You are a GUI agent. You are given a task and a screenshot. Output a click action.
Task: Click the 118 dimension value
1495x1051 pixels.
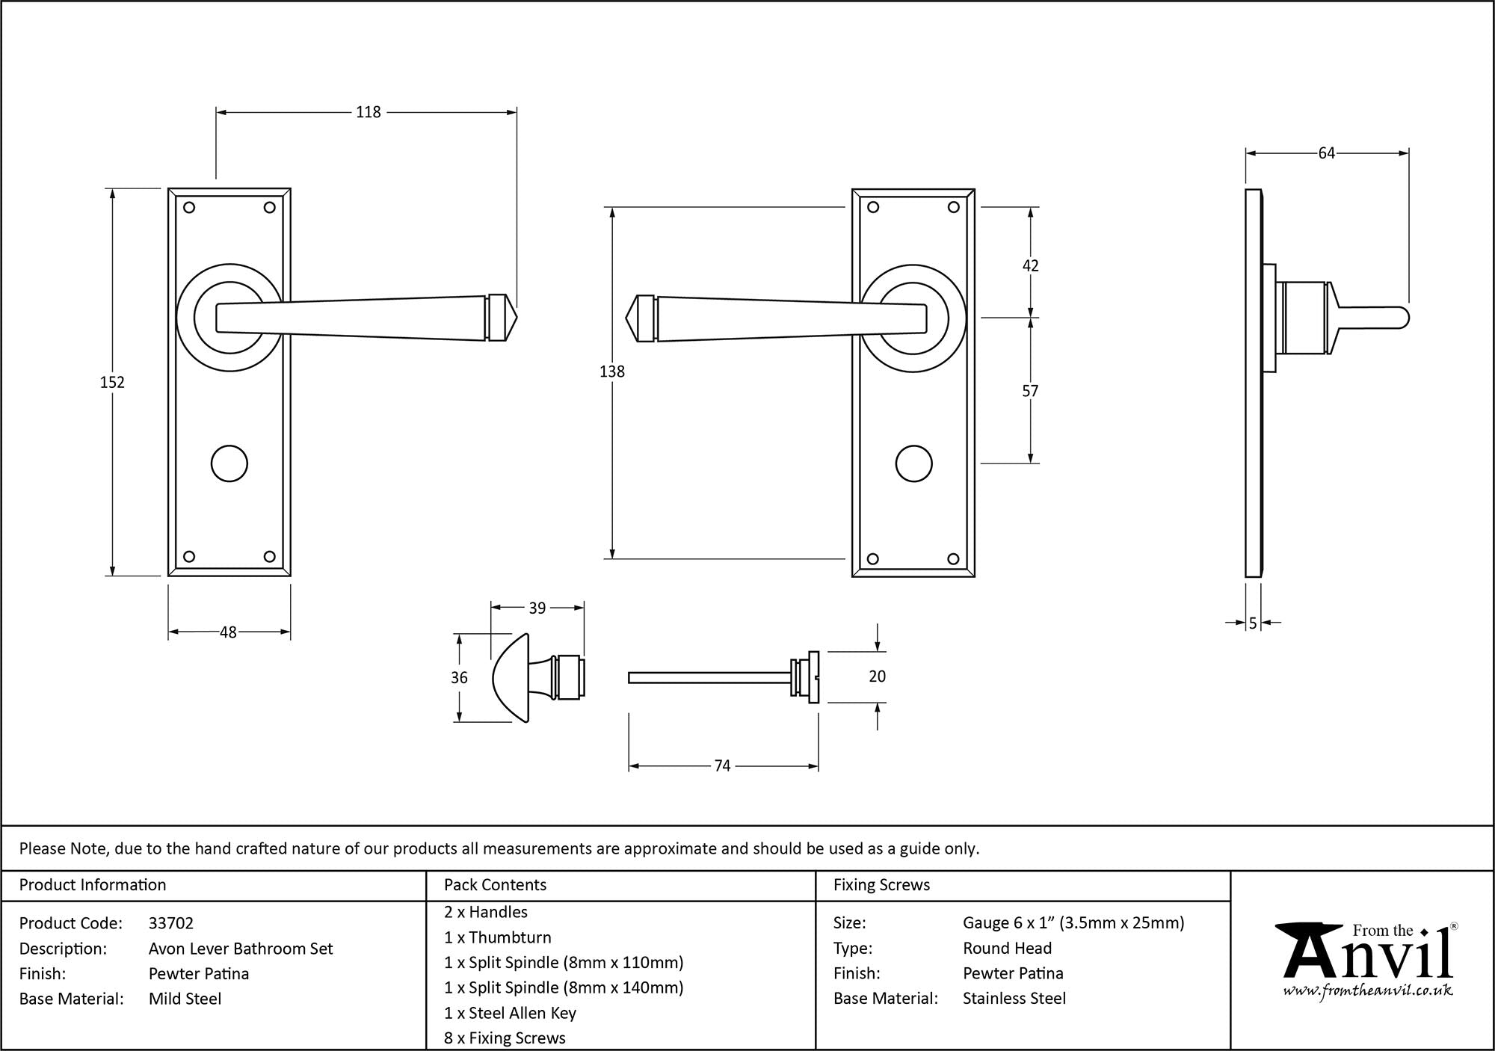pos(368,112)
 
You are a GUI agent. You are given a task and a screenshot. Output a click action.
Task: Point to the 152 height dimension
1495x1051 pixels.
pos(112,382)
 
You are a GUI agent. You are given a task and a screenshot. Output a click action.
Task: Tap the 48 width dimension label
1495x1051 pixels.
pos(228,632)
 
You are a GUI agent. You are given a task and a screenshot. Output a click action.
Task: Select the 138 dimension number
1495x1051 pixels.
pos(612,371)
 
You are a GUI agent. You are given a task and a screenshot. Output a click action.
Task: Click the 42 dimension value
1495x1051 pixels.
pos(1030,265)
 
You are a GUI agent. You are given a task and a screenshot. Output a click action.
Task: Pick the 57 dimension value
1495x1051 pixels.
pos(1030,391)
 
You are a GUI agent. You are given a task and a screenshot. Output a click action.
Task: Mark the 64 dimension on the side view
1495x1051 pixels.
pos(1326,153)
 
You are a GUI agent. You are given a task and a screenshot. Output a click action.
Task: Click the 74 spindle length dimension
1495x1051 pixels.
pos(722,765)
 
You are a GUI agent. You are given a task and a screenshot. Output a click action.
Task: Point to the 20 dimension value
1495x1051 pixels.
pos(877,676)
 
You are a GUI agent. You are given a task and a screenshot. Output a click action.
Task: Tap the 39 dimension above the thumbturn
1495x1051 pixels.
pos(537,608)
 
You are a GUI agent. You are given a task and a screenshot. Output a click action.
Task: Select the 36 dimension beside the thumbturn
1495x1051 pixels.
pos(459,677)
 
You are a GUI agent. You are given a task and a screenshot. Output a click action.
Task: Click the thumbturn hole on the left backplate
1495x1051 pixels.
pos(229,464)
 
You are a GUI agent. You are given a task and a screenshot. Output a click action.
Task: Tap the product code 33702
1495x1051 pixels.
pos(171,923)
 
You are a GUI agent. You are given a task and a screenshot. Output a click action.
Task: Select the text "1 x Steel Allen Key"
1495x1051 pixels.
pos(510,1013)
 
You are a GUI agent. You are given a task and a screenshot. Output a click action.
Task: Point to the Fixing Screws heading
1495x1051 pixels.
pos(881,885)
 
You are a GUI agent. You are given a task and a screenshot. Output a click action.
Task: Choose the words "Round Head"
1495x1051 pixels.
pos(1007,948)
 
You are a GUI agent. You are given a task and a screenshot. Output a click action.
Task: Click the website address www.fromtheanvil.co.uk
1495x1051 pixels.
pos(1368,990)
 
